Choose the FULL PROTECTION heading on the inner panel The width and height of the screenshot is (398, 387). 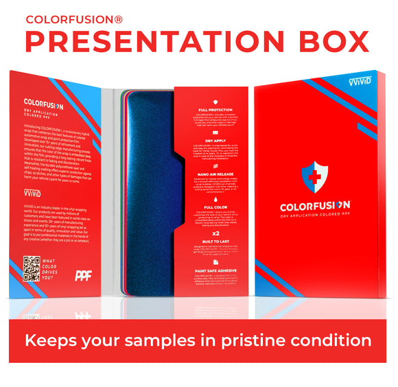click(214, 110)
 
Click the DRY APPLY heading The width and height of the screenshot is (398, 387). click(214, 140)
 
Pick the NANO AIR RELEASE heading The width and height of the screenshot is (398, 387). click(214, 174)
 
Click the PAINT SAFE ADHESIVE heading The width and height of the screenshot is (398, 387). click(214, 272)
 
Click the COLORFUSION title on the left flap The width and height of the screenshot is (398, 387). click(43, 106)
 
